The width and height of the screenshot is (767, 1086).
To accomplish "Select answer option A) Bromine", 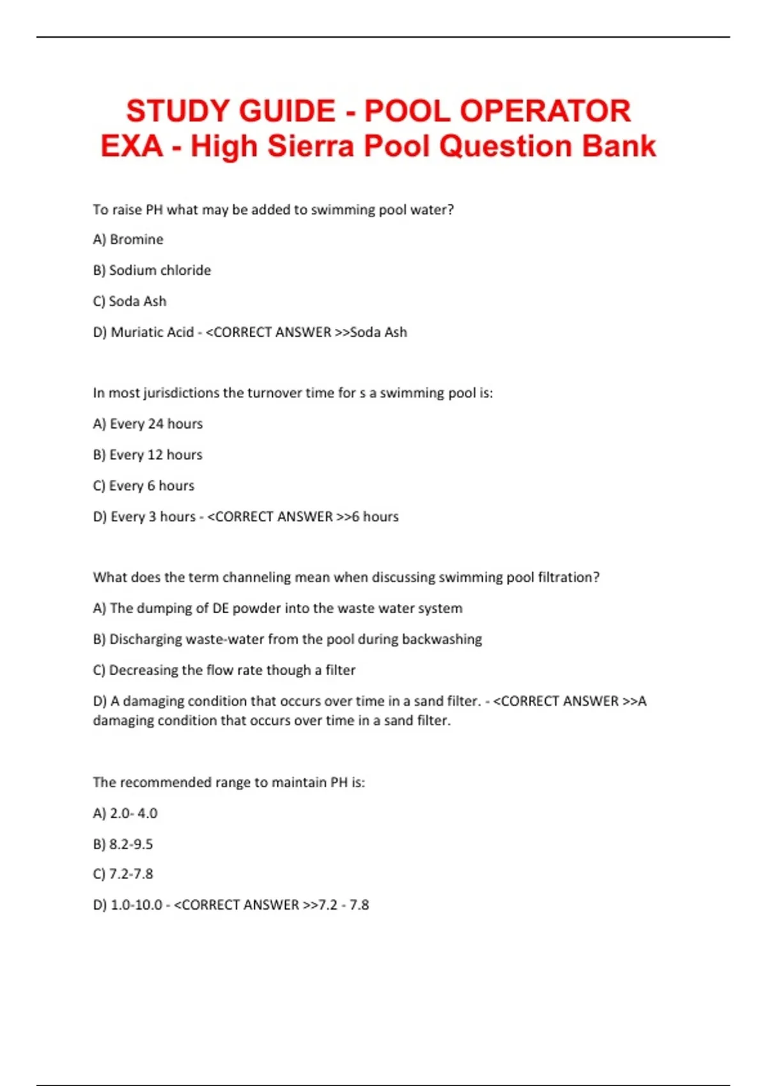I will [x=128, y=240].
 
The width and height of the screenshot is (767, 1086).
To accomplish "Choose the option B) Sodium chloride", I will [x=151, y=270].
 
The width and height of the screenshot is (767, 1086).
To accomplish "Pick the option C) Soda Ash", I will [x=129, y=302].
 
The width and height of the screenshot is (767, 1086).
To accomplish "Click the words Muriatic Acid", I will [x=152, y=332].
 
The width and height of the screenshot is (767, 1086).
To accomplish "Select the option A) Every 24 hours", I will [x=148, y=424].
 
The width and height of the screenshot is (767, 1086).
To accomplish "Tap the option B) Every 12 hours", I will [x=147, y=455].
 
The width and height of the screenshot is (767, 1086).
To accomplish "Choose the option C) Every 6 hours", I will [x=143, y=486].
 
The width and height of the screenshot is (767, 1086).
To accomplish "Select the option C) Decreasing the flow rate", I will [x=224, y=670].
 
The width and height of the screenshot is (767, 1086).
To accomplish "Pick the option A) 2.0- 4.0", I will [x=125, y=813].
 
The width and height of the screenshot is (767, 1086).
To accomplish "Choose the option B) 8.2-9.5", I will [x=123, y=845].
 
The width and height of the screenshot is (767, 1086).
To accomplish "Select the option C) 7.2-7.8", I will [x=123, y=874].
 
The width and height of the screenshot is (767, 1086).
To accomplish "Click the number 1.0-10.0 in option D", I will [x=136, y=905].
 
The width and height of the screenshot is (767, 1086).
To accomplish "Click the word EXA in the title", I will [x=131, y=146].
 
